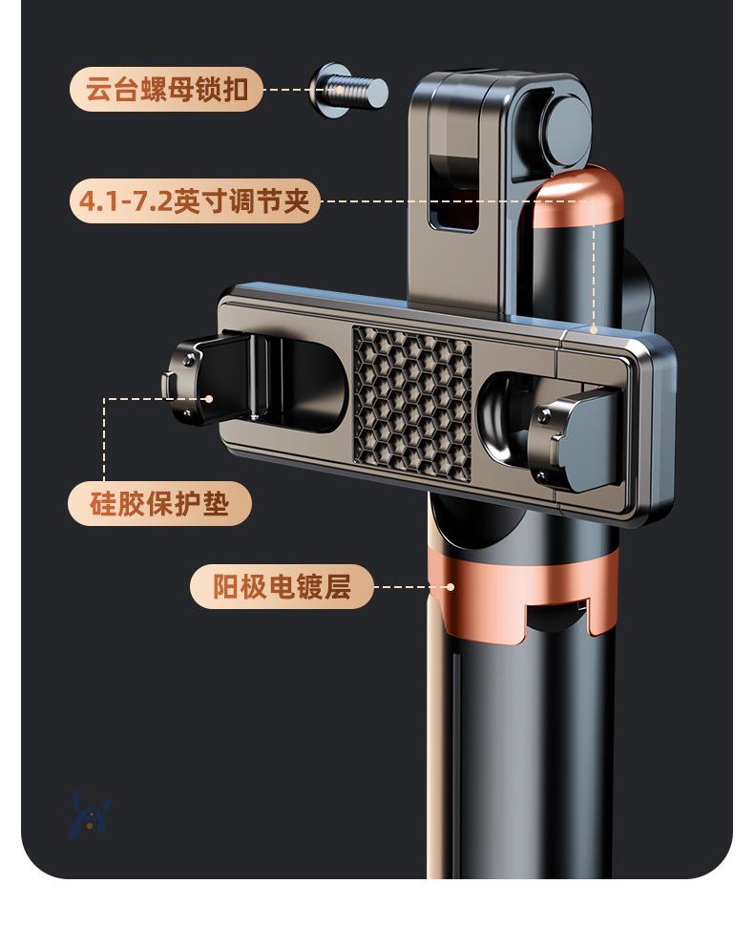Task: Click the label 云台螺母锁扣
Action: pos(166,91)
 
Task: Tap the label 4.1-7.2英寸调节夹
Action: pos(195,201)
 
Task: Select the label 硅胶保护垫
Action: pos(159,503)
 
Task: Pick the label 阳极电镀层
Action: pos(282,586)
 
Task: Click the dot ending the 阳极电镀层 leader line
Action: pos(450,587)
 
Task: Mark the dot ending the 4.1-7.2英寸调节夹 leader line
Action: pos(594,330)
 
